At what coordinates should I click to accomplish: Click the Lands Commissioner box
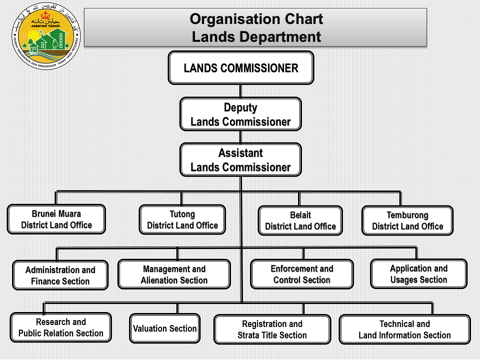240,67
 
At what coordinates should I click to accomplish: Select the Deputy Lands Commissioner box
240,114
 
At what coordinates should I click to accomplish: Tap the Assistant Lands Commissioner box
240,160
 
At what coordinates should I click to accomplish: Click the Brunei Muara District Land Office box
56,219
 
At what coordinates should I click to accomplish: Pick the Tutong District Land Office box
182,219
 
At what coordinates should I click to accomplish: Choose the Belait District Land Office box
300,220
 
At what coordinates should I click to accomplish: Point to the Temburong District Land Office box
407,220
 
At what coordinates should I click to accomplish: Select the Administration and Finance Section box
60,275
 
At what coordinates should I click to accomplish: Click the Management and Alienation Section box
174,274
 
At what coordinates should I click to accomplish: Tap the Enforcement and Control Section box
302,274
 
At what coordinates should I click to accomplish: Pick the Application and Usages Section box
419,273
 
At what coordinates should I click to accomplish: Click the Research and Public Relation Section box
61,327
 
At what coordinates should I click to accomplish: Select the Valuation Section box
165,328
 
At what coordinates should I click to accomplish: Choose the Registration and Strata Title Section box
272,329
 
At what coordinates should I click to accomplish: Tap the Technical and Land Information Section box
404,329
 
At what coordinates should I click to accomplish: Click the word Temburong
407,215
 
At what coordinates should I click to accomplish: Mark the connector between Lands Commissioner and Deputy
240,90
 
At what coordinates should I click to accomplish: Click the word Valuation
150,328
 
